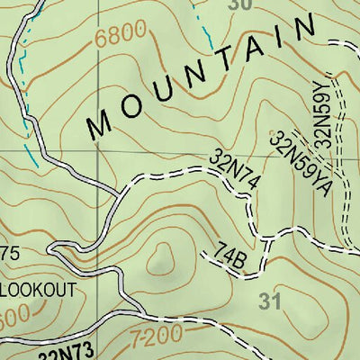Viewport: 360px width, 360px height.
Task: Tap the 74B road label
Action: [x=231, y=256]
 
